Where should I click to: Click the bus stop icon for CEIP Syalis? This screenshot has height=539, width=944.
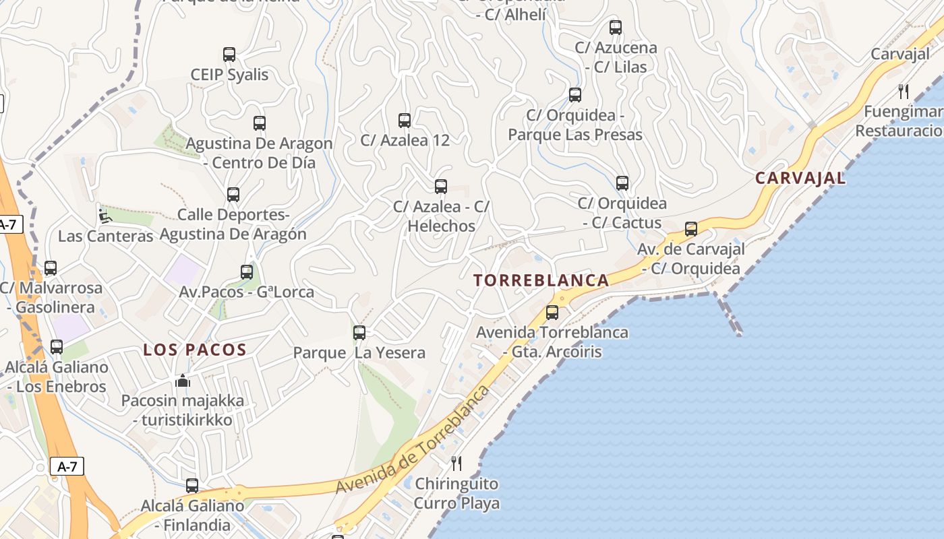(229, 55)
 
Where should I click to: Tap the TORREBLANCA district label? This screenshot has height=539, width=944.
(541, 280)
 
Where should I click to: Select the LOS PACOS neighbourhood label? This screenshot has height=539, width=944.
(195, 350)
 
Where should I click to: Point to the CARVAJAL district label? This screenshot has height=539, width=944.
(800, 178)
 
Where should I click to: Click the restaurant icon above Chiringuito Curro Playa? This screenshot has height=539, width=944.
(456, 463)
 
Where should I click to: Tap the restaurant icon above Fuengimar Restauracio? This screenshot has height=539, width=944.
(904, 91)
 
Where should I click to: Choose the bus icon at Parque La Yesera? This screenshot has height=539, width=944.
(359, 332)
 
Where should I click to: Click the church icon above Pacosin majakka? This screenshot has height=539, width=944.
(183, 381)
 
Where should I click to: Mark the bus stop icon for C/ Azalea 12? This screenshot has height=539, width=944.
(405, 121)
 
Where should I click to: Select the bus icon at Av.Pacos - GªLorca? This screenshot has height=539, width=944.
(247, 272)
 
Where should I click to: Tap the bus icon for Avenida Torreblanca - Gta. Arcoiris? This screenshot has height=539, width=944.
(552, 313)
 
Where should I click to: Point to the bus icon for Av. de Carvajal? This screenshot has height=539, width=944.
(691, 229)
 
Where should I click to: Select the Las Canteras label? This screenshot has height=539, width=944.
(106, 236)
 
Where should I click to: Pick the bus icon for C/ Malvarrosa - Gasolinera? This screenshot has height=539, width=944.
(51, 268)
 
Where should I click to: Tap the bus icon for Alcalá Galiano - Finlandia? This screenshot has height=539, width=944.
(192, 486)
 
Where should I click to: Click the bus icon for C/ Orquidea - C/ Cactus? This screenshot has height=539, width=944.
(622, 183)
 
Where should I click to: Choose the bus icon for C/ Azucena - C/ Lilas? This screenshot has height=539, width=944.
(616, 28)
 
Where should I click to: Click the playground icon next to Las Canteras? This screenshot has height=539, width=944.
(105, 216)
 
